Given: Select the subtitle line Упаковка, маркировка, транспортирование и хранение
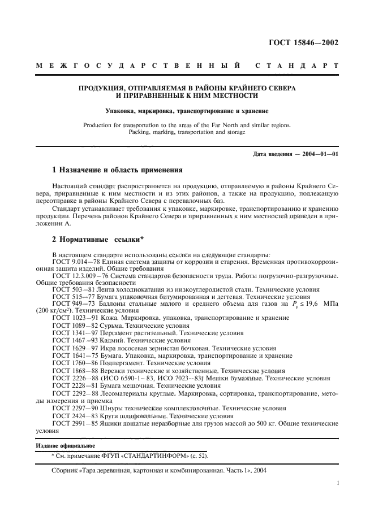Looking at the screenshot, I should [186, 111].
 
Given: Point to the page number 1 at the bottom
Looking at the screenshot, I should [337, 483].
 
